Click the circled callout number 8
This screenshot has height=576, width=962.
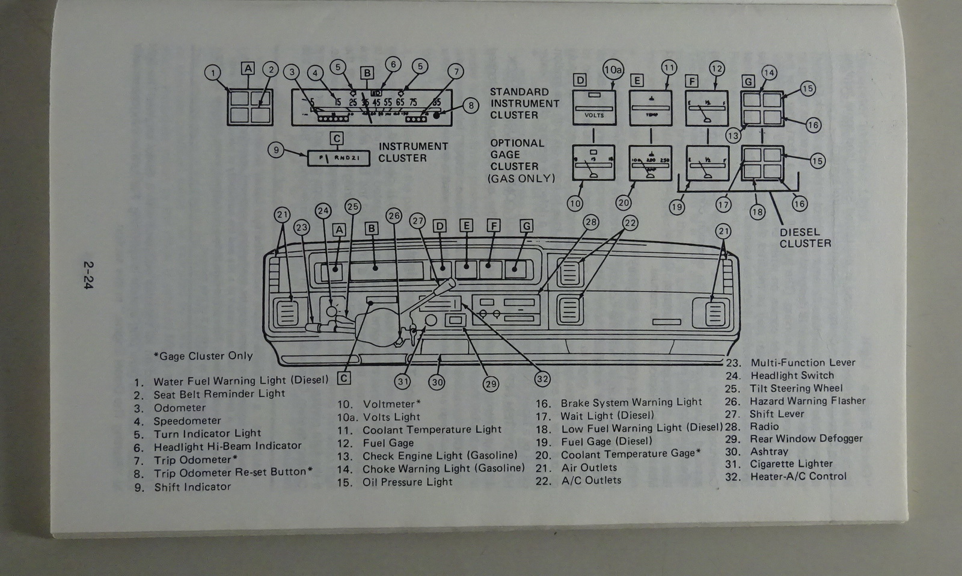tap(471, 106)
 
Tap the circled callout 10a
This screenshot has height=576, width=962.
tap(612, 70)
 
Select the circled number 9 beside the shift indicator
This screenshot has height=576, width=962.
tap(275, 149)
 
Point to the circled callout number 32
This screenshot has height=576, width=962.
tap(542, 379)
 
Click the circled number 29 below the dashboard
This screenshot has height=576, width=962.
tap(491, 384)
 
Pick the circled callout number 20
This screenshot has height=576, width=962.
tap(623, 203)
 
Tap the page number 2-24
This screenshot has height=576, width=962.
tap(90, 275)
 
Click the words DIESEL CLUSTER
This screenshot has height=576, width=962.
tap(805, 237)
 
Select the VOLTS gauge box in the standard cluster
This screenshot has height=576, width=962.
tap(594, 108)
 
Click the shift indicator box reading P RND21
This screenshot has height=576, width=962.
tap(339, 158)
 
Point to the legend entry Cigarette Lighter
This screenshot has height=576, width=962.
tap(791, 464)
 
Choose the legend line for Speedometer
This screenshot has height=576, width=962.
tap(187, 421)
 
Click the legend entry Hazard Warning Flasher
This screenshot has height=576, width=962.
tap(807, 401)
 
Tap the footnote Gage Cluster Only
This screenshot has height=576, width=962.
tap(203, 356)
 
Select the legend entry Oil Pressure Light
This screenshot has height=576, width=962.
tap(407, 482)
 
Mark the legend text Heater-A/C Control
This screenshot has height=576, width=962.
tap(798, 476)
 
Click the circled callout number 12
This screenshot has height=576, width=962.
tap(717, 69)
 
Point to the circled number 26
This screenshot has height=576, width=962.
tap(393, 215)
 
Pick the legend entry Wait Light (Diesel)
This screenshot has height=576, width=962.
tap(607, 415)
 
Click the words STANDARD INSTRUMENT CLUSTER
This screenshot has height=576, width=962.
tap(524, 103)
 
